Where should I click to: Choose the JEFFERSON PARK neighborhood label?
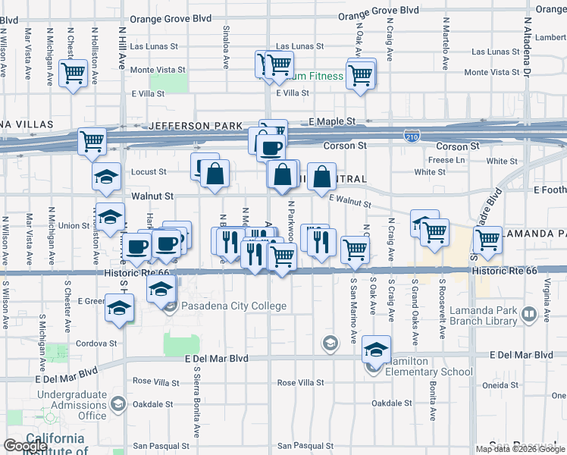(x=196, y=125)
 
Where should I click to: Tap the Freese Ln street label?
(x=446, y=160)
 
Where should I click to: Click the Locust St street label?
(x=149, y=173)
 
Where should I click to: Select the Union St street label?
(x=74, y=225)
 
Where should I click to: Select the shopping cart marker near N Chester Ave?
(x=74, y=74)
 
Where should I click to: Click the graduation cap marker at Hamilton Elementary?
(x=375, y=348)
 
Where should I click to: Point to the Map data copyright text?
(x=519, y=449)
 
